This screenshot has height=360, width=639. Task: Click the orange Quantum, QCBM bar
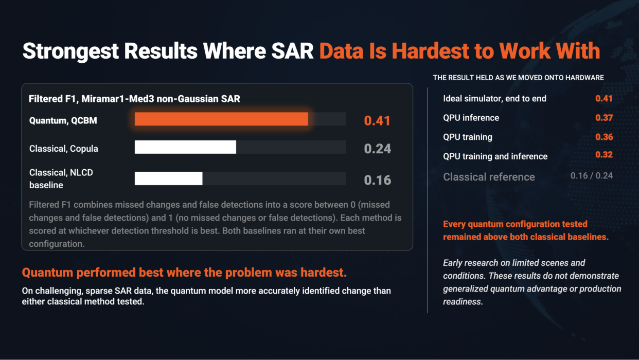point(221,119)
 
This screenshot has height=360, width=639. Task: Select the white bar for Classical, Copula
point(185,147)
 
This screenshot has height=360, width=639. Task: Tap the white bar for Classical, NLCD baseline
point(169,178)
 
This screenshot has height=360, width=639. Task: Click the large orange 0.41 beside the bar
point(377,121)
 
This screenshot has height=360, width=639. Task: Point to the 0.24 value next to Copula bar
point(378,149)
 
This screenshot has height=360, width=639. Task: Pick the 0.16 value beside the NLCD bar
point(378,180)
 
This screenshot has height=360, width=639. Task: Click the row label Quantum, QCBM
point(63,121)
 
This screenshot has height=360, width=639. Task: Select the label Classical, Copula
point(64,149)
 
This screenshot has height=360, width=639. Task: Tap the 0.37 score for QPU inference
point(604,118)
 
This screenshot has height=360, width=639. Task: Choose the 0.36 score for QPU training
point(604,137)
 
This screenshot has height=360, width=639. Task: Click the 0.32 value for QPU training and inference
point(604,155)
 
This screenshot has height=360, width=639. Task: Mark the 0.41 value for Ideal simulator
point(603,98)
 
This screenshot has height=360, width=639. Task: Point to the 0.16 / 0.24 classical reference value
point(591,175)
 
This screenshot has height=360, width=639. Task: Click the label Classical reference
point(489,177)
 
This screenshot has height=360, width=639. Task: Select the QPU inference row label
point(471,118)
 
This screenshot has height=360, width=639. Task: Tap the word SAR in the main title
point(292,51)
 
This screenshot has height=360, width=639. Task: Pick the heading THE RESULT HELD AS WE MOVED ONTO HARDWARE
point(518,78)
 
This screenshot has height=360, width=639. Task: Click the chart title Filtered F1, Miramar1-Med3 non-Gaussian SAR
point(134,99)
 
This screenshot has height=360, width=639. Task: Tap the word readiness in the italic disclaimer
point(463,302)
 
